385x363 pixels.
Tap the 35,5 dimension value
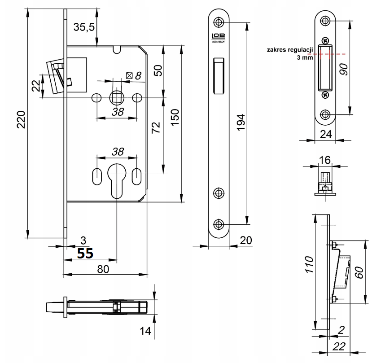(x=84, y=27)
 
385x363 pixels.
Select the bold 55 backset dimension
(x=85, y=254)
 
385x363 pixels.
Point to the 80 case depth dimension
(x=103, y=269)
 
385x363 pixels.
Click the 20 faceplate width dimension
(x=245, y=241)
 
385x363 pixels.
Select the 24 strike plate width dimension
(x=326, y=133)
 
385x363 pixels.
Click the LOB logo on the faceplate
(x=219, y=37)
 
